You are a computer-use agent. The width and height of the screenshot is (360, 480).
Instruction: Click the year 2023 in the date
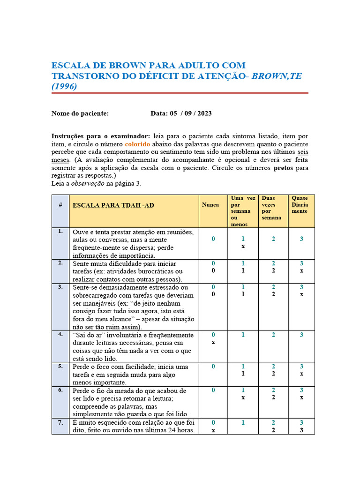point(202,113)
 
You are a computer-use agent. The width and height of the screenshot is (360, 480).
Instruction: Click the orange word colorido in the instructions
point(137,144)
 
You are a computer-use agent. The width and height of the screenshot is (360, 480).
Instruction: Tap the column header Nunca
point(210,205)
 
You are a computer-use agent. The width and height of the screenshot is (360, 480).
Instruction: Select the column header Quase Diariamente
point(300,205)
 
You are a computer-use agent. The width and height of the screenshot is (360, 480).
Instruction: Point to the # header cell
point(60,205)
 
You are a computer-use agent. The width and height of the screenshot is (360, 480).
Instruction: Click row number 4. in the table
point(60,335)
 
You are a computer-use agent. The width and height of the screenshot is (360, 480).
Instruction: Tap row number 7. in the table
point(60,423)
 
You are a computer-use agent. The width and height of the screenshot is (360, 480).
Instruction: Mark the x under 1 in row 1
point(243,246)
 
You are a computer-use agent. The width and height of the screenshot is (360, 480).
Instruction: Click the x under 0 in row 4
point(213,342)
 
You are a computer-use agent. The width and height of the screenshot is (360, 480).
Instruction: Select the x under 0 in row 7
point(213,430)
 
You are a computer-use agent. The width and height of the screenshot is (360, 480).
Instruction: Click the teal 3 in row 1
point(301,239)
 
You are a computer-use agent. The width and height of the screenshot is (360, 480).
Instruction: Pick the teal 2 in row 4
point(273,335)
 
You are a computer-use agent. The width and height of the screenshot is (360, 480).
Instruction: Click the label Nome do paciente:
point(80,113)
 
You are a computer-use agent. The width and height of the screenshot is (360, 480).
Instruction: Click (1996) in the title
point(64,86)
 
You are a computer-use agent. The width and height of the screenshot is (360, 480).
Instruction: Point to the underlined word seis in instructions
point(303,152)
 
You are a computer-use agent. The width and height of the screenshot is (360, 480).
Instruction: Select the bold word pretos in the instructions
point(284,167)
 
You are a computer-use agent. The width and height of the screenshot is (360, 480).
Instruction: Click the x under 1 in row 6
point(243,397)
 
